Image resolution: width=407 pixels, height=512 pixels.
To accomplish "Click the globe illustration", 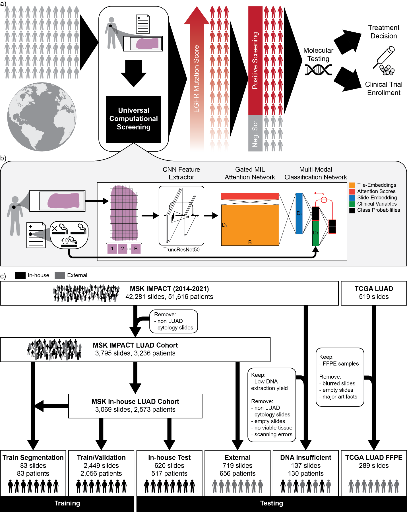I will click(42, 117).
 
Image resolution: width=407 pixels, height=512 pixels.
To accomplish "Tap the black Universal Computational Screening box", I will click(133, 119).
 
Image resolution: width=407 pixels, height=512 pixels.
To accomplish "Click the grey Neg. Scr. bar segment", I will click(255, 133).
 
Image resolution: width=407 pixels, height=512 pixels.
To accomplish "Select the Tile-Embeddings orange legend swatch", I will click(352, 185).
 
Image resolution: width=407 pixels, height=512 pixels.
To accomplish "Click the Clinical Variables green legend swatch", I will click(352, 204).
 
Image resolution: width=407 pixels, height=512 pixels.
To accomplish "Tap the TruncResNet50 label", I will click(181, 249).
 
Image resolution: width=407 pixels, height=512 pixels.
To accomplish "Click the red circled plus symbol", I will click(324, 200).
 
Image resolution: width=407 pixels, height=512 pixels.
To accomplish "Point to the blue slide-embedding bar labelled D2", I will click(299, 213).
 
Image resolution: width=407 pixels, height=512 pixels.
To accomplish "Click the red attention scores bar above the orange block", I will click(250, 196).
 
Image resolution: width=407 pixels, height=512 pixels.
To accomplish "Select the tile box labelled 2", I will click(123, 249).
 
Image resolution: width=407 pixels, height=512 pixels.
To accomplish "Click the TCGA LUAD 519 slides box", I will click(374, 293).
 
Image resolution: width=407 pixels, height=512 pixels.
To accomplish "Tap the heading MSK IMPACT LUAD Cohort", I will click(135, 345).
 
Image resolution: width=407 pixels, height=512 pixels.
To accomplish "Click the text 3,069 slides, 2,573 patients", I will click(135, 410).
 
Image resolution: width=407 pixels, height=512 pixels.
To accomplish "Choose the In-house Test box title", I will click(169, 457).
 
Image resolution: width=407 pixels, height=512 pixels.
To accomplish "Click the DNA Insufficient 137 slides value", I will click(306, 466).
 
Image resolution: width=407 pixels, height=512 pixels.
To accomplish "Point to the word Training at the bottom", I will click(67, 503).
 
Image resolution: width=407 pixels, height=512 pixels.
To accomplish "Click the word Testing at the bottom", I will click(272, 503).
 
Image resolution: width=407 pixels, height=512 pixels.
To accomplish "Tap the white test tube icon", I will click(386, 55).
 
